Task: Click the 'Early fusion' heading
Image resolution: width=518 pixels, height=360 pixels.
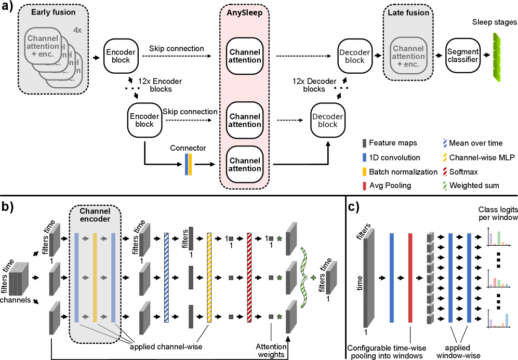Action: pos(53,12)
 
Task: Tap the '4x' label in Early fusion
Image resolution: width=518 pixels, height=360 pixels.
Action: pos(77,30)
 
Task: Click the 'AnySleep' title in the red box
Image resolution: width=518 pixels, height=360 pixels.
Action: pos(244,12)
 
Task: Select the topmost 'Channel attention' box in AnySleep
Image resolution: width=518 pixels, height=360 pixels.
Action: pos(245,56)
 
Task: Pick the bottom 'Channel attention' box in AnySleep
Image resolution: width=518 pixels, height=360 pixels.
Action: pos(245,165)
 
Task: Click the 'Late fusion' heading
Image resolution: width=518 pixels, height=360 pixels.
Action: pos(408,12)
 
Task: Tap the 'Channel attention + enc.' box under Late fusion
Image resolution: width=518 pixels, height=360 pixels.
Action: pos(408,56)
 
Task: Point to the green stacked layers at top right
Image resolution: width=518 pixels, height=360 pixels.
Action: pos(497,57)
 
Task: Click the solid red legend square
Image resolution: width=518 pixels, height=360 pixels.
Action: pos(364,186)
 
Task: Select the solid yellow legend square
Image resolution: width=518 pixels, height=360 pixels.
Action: pos(364,172)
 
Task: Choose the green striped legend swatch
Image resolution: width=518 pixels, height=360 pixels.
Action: pos(445,186)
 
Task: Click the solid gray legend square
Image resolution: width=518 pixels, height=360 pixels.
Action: pos(364,143)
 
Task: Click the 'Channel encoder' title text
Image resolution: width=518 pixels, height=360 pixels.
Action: pos(95,215)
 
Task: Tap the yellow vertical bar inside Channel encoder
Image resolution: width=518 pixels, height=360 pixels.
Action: pos(95,277)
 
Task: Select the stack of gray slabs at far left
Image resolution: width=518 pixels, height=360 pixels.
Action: pos(19,279)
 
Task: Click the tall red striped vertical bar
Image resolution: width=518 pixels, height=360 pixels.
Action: pos(249,277)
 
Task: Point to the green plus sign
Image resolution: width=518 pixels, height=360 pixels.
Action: pos(313,278)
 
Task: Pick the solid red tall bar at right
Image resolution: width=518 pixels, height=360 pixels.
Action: pos(410,277)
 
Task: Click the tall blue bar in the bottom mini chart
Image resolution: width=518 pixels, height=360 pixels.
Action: pos(507,320)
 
